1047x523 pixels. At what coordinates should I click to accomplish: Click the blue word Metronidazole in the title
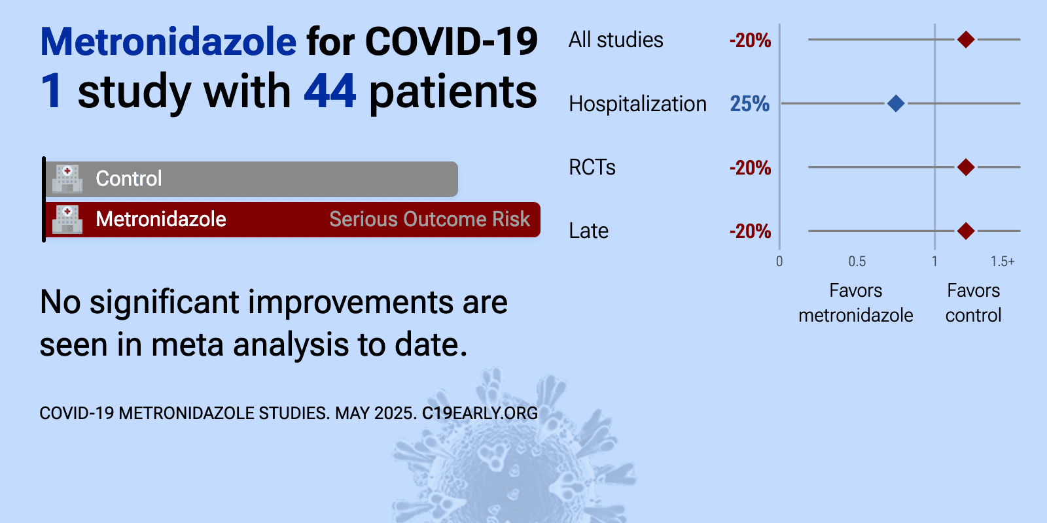(x=168, y=42)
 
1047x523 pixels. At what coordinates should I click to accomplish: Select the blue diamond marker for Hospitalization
(x=896, y=103)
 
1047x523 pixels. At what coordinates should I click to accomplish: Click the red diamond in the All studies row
(x=966, y=40)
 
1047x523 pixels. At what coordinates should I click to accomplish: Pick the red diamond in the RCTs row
(x=966, y=167)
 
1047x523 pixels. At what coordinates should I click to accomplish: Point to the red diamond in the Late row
(x=966, y=231)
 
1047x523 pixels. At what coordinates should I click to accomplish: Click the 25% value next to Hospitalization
(x=750, y=104)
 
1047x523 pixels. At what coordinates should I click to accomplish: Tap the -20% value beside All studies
(x=750, y=41)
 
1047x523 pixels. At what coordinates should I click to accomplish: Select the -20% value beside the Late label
(x=750, y=231)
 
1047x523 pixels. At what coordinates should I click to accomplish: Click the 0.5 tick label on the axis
(x=857, y=261)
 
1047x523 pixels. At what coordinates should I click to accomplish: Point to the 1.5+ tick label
(x=1002, y=261)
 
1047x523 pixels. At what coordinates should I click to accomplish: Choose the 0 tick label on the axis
(x=779, y=261)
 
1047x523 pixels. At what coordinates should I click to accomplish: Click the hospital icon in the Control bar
(x=67, y=178)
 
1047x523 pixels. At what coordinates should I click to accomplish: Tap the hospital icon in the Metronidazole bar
(x=67, y=219)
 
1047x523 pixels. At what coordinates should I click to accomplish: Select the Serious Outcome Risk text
(x=429, y=219)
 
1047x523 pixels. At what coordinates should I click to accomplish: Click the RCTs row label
(x=592, y=167)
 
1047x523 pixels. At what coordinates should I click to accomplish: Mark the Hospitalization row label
(x=637, y=104)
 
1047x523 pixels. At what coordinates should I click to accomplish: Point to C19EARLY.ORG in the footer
(x=480, y=413)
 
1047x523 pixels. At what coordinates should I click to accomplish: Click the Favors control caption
(x=974, y=303)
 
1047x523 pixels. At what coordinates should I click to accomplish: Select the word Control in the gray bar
(x=129, y=178)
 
